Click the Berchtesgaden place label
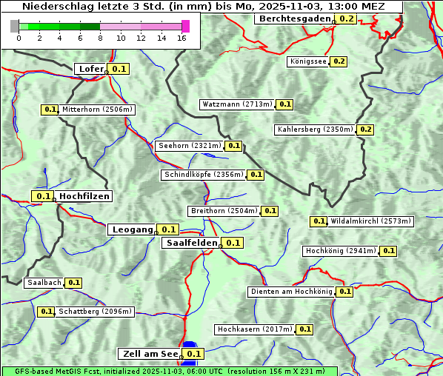click(294, 19)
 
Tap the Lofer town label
click(90, 69)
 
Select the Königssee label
click(307, 61)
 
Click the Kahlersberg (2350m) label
click(314, 130)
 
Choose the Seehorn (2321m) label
click(189, 146)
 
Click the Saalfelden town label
click(191, 243)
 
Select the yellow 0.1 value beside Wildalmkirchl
click(319, 221)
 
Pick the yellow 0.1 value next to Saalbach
click(73, 283)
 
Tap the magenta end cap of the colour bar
click(185, 26)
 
